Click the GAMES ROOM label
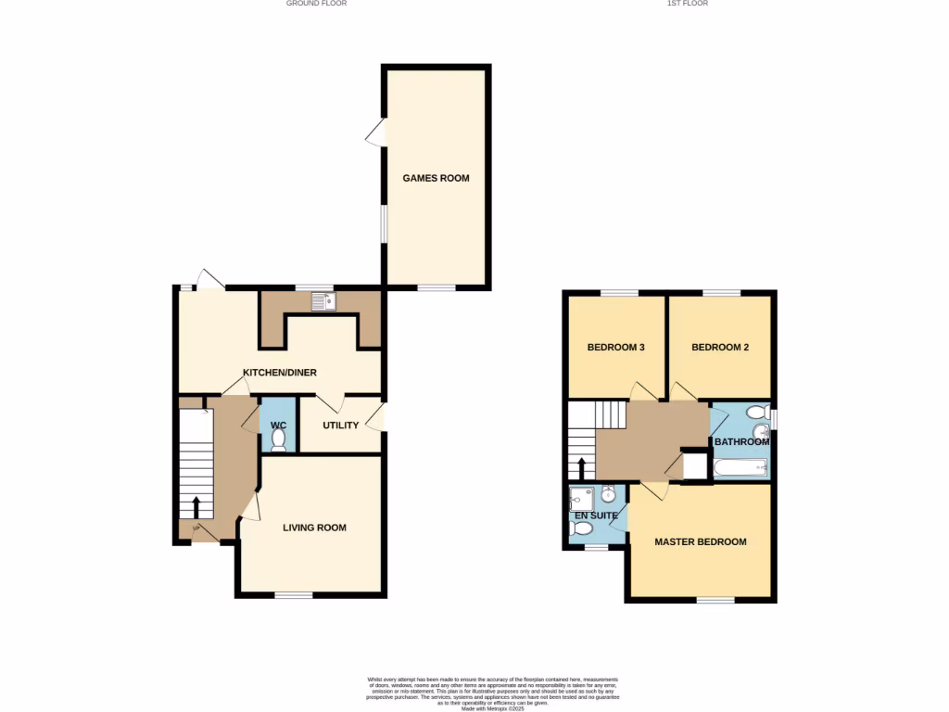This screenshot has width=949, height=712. pos(436,178)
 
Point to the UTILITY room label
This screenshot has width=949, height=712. pos(340,426)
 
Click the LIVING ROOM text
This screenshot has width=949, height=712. pos(314,528)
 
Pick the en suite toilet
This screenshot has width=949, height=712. pos(582,528)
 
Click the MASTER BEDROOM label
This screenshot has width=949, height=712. pos(700,541)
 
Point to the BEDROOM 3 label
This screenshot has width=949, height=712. pos(615,348)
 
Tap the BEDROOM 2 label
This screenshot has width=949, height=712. pos(720,348)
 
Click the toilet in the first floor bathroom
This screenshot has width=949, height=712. pos(755,412)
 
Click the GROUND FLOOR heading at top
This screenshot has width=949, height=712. pos(316,4)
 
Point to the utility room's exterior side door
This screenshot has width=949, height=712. pos(376,417)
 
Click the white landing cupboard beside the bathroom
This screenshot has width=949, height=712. pos(694,465)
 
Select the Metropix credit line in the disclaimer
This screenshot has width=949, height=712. pos(492,708)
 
